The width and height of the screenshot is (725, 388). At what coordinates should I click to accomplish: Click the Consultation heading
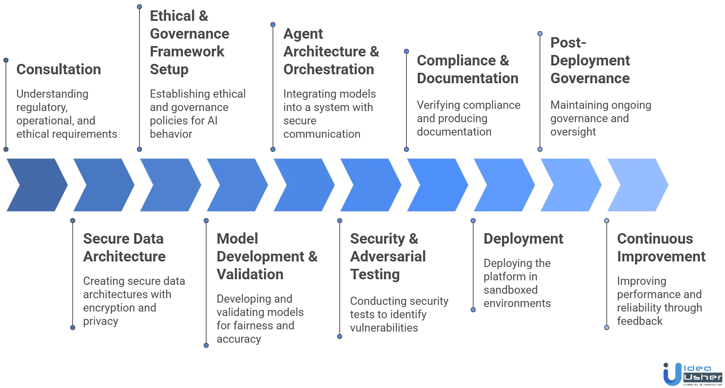(58, 69)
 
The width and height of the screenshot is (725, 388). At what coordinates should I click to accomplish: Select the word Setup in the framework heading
(169, 69)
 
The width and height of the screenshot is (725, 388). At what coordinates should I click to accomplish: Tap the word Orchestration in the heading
(328, 69)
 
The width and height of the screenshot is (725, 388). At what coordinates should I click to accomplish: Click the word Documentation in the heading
(467, 78)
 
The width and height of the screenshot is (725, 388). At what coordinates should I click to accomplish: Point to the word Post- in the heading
(567, 42)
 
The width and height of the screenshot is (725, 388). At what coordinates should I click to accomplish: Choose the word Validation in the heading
(250, 274)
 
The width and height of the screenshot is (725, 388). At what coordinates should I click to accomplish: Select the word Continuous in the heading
(655, 238)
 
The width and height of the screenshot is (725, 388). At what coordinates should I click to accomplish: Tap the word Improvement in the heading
(661, 256)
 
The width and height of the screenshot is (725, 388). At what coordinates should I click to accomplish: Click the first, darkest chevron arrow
(36, 185)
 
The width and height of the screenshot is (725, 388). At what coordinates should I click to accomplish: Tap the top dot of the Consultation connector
(6, 59)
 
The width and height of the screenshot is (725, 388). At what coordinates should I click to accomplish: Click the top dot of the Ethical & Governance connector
(139, 6)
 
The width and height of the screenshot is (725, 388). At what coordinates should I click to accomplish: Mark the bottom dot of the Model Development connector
(206, 345)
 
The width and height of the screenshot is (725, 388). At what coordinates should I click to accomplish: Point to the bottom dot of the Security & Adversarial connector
(339, 336)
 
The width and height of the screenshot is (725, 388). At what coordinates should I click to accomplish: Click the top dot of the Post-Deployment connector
(540, 33)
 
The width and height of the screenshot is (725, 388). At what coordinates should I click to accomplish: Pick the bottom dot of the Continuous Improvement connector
(607, 327)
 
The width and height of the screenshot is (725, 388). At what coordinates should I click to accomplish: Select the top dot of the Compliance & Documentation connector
(406, 51)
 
